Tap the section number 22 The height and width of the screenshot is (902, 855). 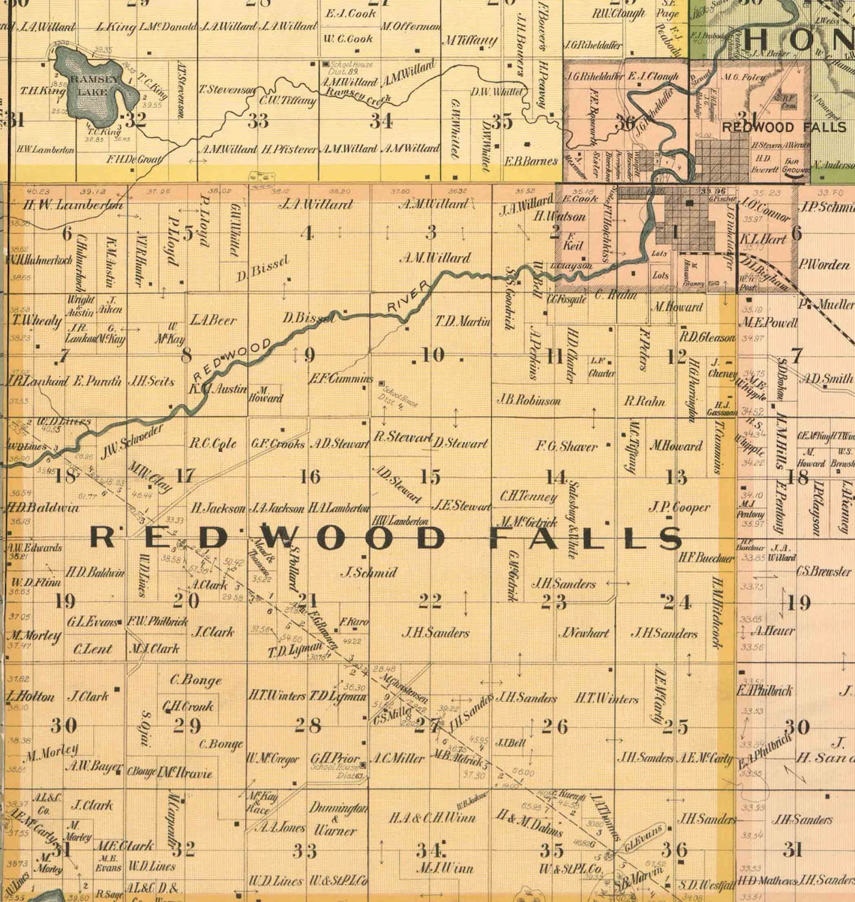pos(430,601)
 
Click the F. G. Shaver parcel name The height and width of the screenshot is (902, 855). pos(566,446)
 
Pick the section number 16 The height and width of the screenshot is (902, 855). pos(309,476)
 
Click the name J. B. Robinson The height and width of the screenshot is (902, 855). pos(528,400)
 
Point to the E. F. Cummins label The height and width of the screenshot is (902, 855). pos(341,379)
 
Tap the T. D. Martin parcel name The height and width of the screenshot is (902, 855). pos(463,322)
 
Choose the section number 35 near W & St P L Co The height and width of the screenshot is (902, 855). pos(551,850)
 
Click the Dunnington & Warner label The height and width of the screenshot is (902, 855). pos(337,820)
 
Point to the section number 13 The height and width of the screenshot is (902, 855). pos(676,476)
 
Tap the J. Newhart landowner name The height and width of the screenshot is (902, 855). pos(584,633)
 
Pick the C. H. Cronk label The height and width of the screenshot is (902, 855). pos(188,706)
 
